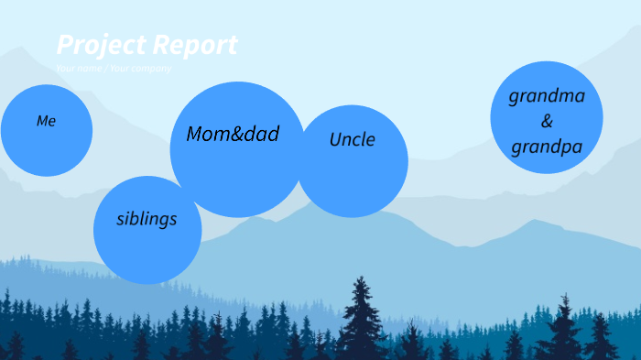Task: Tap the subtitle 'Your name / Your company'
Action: pyautogui.click(x=113, y=69)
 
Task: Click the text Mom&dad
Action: pyautogui.click(x=233, y=134)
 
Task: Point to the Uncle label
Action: pyautogui.click(x=353, y=140)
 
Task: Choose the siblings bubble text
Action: pyautogui.click(x=147, y=219)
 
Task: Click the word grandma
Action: pyautogui.click(x=547, y=96)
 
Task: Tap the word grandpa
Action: pyautogui.click(x=547, y=147)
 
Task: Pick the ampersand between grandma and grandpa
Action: pyautogui.click(x=547, y=121)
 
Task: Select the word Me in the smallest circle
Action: pyautogui.click(x=46, y=121)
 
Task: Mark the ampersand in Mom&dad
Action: pyautogui.click(x=237, y=134)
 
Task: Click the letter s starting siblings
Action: pyautogui.click(x=121, y=220)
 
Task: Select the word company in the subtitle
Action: pyautogui.click(x=151, y=69)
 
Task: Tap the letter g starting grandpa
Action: pyautogui.click(x=516, y=148)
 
